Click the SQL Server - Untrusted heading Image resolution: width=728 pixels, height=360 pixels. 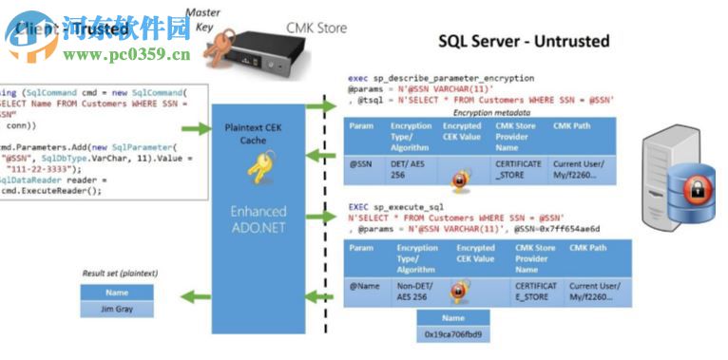point(524,42)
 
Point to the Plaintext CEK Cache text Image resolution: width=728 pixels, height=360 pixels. point(251,133)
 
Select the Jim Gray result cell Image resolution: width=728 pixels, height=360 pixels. point(117,309)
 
